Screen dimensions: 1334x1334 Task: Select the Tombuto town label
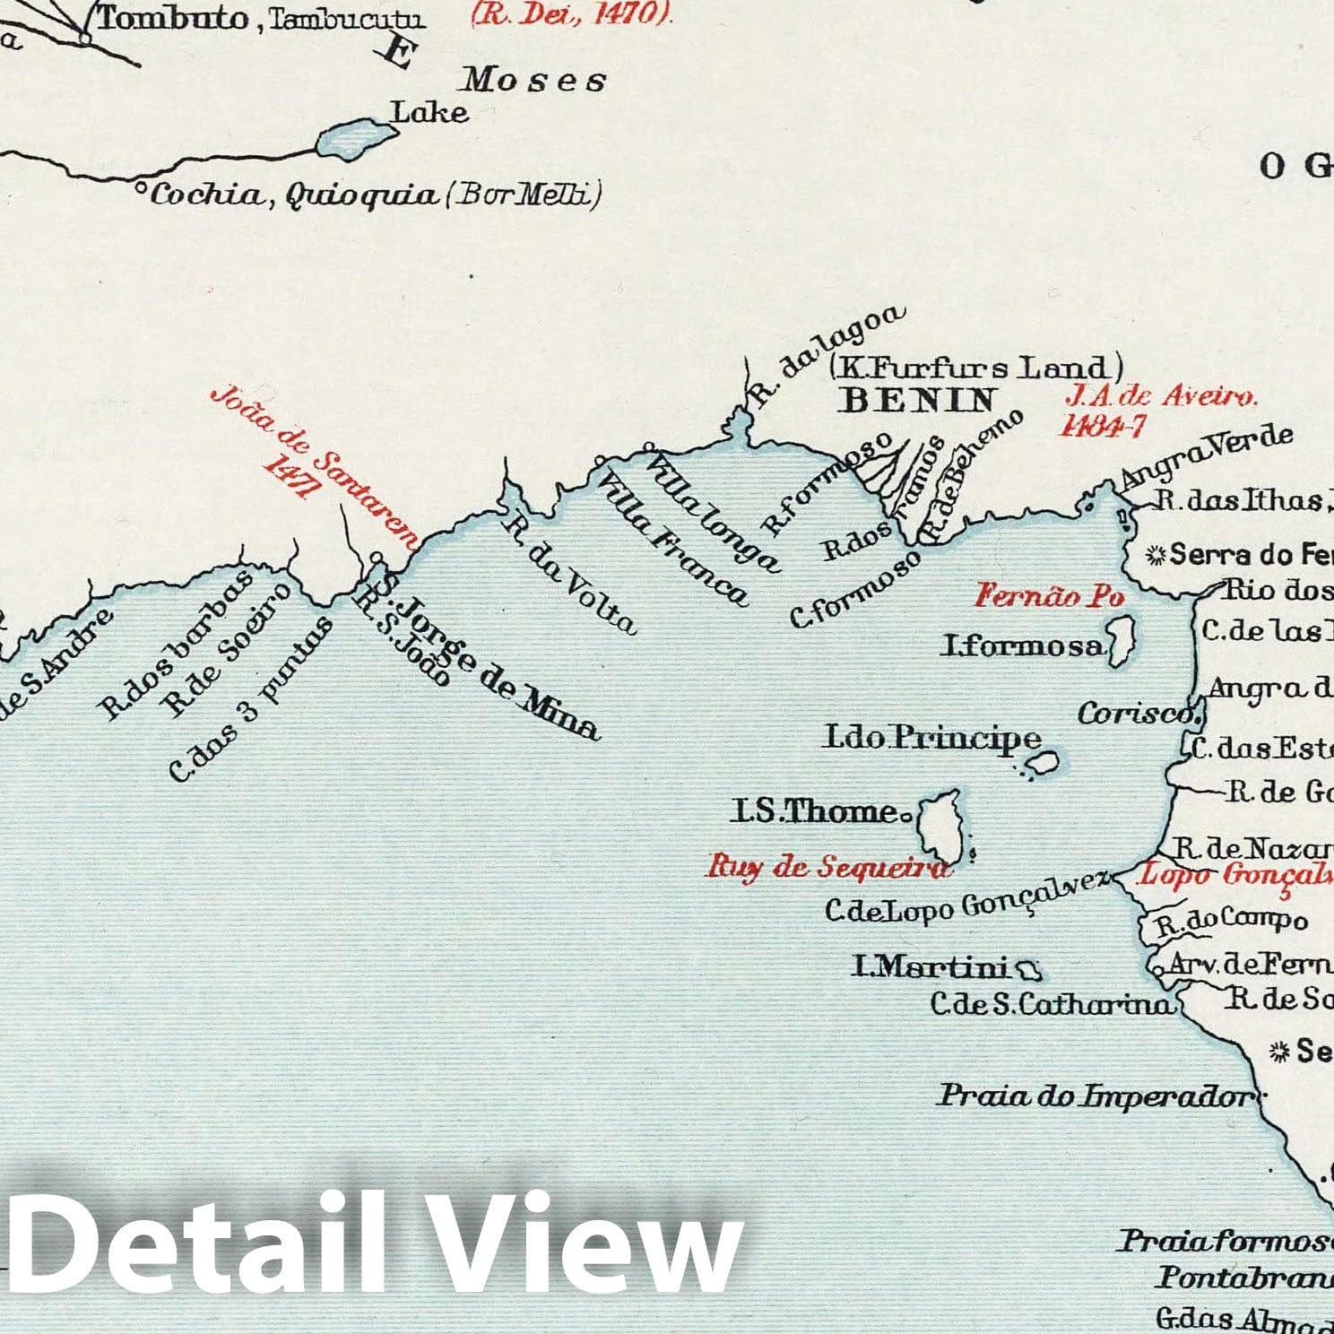pos(172,18)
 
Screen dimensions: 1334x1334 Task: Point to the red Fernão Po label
pos(1049,595)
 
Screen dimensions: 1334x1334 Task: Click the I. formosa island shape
pos(1122,640)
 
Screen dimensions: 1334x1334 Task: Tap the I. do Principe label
pos(932,738)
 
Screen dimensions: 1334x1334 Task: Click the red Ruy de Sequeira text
pos(827,867)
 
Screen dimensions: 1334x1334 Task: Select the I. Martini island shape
pos(1028,968)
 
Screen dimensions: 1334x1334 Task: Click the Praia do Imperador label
pos(1094,1096)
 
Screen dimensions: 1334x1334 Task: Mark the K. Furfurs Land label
pos(975,368)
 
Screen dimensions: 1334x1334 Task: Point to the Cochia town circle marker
pos(140,188)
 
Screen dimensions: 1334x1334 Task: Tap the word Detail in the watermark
pos(193,1243)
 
